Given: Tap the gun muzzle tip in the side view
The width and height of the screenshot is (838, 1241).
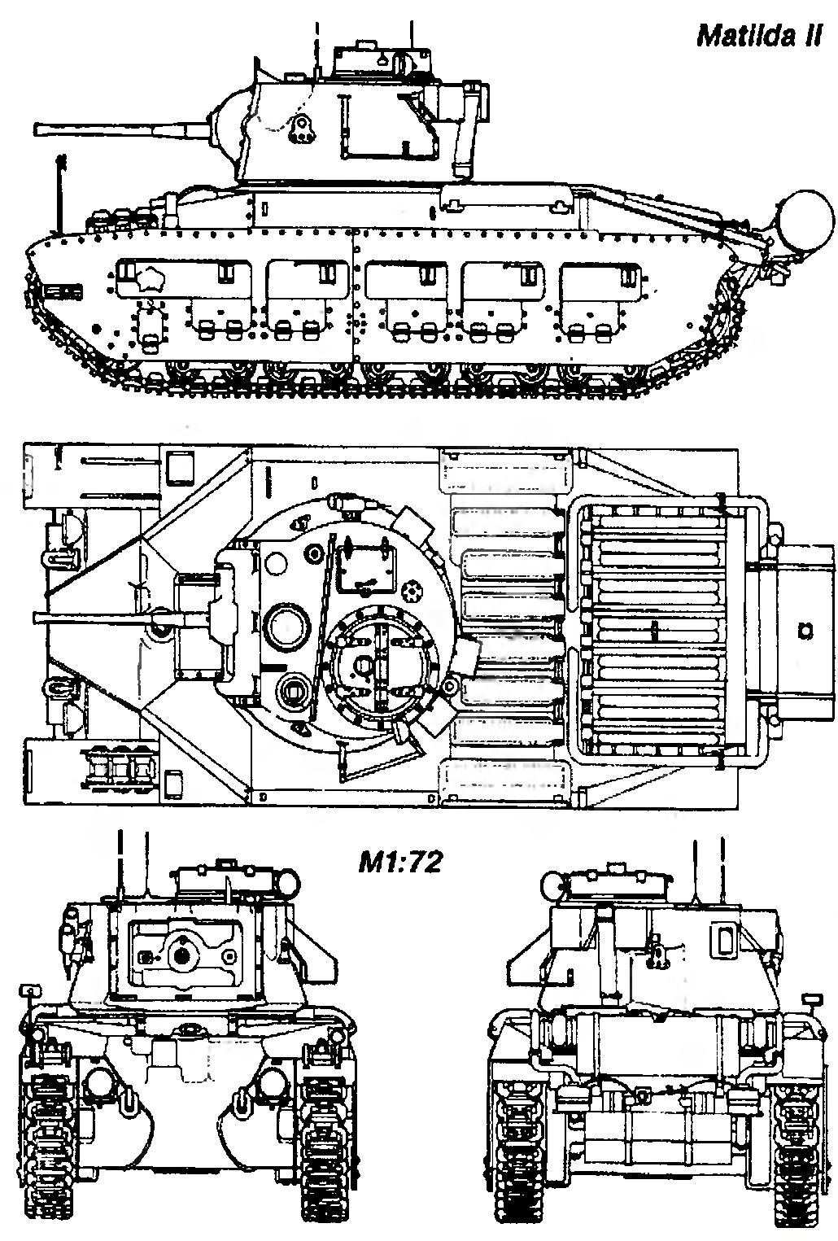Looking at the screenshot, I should coord(38,129).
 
